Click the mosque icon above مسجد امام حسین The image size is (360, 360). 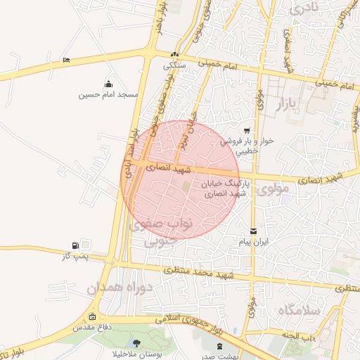click(108, 84)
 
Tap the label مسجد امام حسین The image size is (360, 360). click(108, 94)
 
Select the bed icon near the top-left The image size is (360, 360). click(65, 60)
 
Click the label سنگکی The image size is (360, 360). click(175, 65)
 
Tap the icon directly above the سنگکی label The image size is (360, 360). click(175, 55)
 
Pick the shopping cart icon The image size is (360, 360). click(247, 131)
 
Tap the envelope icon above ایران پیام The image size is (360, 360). click(253, 231)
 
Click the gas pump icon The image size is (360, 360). click(75, 245)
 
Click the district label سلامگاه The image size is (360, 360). click(299, 310)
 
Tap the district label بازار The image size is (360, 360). click(300, 105)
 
